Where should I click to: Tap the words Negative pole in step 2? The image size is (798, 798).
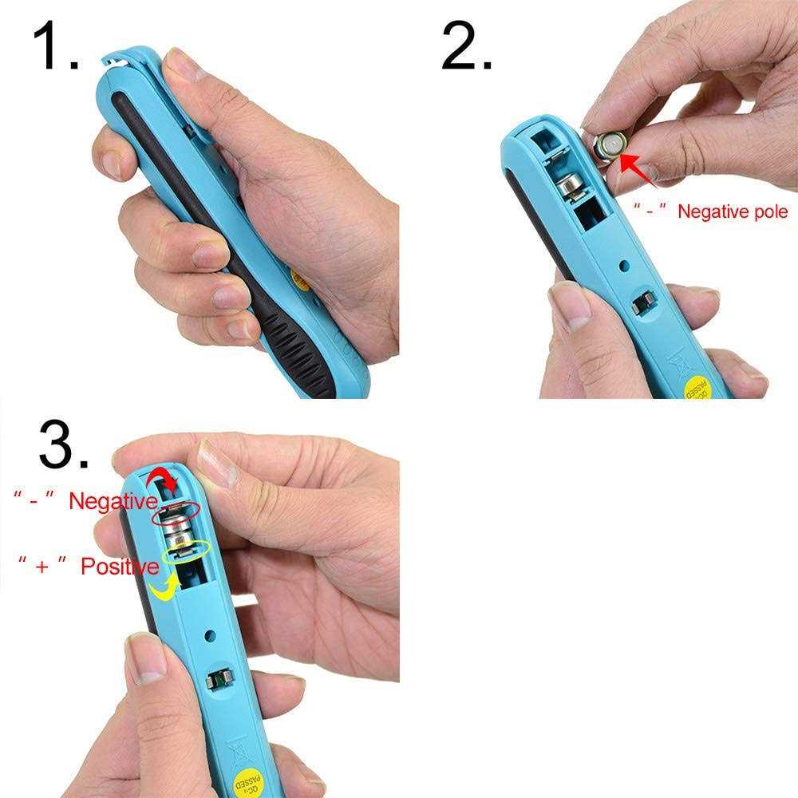733,211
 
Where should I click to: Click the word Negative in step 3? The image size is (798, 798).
113,501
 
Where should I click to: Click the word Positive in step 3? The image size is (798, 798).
120,566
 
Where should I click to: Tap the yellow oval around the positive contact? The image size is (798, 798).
186,551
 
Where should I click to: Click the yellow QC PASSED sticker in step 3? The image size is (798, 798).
249,782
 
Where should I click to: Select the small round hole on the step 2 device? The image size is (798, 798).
624,265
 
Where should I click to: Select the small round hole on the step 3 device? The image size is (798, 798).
209,635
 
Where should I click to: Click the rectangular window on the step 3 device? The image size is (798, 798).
219,680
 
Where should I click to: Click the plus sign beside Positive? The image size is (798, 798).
42,567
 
